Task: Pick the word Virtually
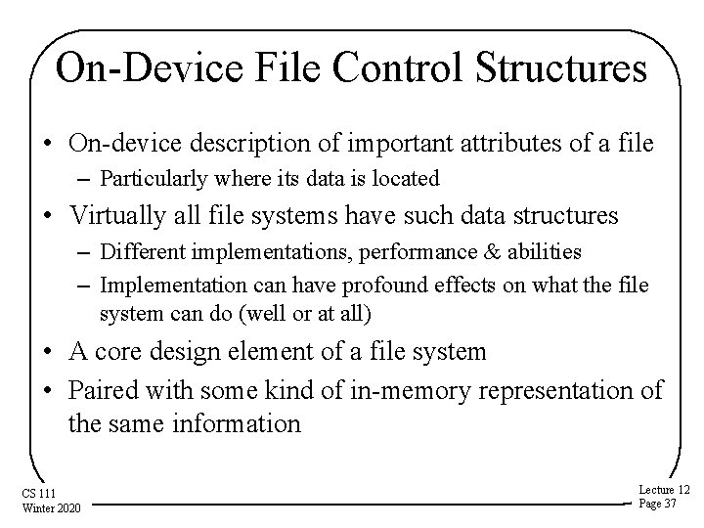coord(116,215)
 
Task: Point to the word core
coord(128,353)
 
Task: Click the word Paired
coord(105,389)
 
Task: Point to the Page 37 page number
coord(658,504)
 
